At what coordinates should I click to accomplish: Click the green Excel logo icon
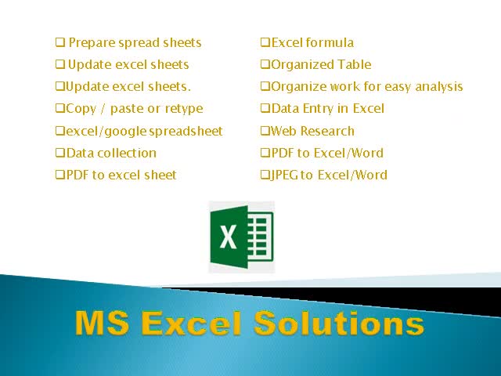click(x=241, y=237)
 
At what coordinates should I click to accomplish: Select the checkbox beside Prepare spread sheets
click(x=60, y=43)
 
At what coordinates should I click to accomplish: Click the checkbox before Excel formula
click(x=265, y=43)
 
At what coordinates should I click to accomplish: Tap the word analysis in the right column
click(x=439, y=87)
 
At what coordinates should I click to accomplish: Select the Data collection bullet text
click(x=110, y=153)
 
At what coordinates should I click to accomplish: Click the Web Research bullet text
click(x=312, y=131)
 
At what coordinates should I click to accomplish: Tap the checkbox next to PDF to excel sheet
click(x=60, y=175)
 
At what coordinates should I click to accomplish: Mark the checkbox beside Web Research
click(x=265, y=131)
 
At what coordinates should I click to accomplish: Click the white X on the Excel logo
click(x=229, y=237)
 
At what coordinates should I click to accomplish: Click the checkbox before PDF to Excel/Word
click(x=265, y=153)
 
